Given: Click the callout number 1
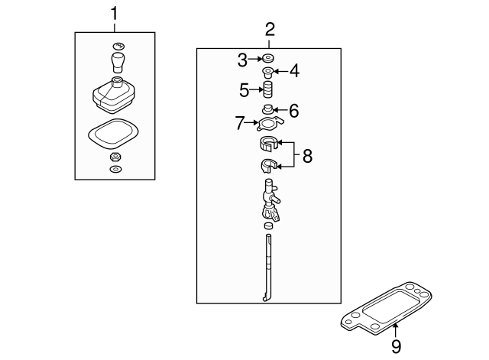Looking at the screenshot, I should pos(115,13).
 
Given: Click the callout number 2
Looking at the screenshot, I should pos(270,31).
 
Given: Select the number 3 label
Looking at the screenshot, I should pos(242,60).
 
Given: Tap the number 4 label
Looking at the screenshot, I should pos(294,73).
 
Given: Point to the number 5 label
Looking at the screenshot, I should pos(244,90).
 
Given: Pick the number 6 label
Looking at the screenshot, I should pos(293,110).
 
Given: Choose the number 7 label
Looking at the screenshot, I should pos(239,122).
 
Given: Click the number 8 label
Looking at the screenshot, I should pos(307,156).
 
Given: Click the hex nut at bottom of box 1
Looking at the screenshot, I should pos(115,157).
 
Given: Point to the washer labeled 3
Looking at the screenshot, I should pos(269,59).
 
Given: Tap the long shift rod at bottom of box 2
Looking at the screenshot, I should pos(268,268).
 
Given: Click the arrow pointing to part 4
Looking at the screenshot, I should pos(280,73).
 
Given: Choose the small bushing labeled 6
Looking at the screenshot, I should pos(269,109).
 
